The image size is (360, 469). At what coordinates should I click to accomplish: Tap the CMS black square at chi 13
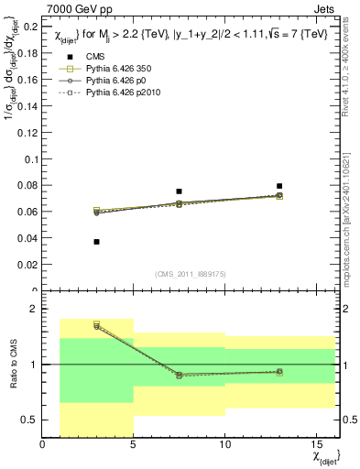click(279, 186)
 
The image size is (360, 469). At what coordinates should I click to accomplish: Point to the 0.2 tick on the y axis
click(29, 26)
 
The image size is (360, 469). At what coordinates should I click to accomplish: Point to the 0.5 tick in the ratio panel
click(30, 420)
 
